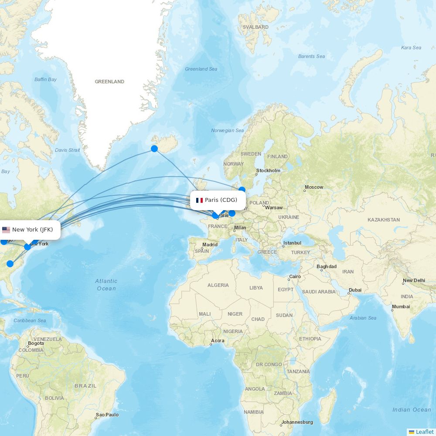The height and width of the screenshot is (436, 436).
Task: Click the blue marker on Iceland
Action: click(x=154, y=149)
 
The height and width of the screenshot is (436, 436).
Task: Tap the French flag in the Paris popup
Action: click(x=199, y=200)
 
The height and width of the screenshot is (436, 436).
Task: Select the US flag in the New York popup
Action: click(x=6, y=230)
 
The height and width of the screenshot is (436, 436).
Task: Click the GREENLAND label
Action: click(x=109, y=82)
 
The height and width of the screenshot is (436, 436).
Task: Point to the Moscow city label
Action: click(x=314, y=187)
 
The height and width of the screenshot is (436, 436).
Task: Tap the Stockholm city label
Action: click(x=268, y=170)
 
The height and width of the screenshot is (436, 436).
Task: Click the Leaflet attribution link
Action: click(x=424, y=432)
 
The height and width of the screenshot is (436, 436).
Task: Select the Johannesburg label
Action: click(x=297, y=422)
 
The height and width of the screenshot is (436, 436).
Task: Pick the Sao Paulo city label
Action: click(x=107, y=415)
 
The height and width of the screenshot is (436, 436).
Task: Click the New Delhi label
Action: click(x=414, y=280)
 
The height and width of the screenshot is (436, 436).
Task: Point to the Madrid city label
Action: click(x=210, y=245)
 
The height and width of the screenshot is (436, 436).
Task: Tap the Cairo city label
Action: click(x=295, y=276)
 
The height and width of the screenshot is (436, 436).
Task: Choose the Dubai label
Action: click(x=355, y=290)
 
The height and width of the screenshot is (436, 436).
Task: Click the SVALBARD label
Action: click(x=255, y=27)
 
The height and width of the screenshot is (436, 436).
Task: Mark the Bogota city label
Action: click(x=36, y=343)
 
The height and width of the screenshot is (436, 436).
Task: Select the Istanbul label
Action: click(x=292, y=243)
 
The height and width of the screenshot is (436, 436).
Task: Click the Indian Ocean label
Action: click(x=412, y=409)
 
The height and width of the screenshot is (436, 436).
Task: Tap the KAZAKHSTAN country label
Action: click(x=383, y=220)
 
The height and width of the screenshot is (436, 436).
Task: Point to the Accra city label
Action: click(x=218, y=341)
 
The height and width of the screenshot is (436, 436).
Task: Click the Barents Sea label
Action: click(x=311, y=56)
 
